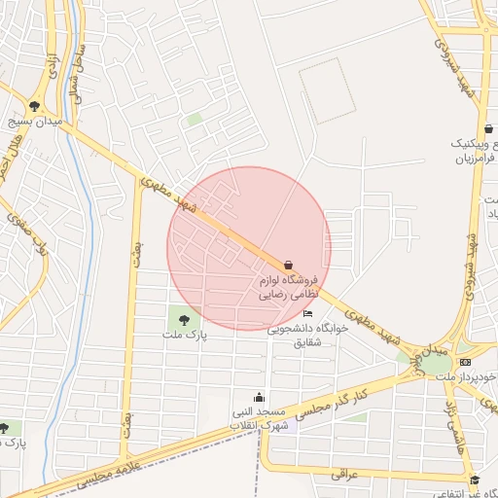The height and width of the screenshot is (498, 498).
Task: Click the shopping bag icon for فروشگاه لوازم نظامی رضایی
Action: coord(288,265)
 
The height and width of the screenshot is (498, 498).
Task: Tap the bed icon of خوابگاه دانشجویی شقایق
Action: coord(308,313)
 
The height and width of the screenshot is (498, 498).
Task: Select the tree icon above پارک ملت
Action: coord(181,317)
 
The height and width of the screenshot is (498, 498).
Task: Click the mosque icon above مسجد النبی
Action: coord(259,397)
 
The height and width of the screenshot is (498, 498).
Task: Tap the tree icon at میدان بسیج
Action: coord(35,106)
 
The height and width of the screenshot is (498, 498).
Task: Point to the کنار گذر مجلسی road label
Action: coord(330,398)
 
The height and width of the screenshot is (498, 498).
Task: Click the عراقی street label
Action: coord(345,474)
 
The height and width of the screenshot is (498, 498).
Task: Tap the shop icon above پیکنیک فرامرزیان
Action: coord(487,129)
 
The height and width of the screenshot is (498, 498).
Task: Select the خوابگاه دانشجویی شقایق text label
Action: coord(302,336)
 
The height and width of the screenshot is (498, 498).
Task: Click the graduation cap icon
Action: coord(475,480)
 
